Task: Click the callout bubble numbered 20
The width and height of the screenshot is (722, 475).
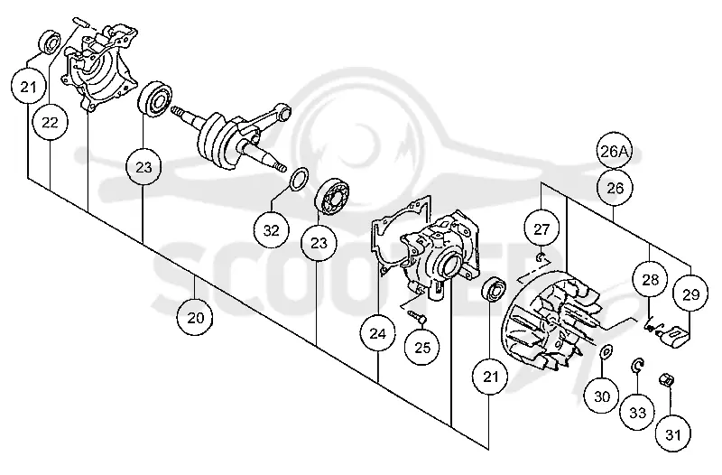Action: (x=195, y=318)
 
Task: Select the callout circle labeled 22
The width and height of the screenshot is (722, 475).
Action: (x=51, y=122)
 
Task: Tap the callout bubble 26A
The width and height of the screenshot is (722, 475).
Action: (x=615, y=151)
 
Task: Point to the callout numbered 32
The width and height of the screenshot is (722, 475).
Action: (x=272, y=229)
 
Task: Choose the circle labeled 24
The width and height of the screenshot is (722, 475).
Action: (x=377, y=333)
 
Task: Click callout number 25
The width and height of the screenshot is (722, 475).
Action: (x=421, y=347)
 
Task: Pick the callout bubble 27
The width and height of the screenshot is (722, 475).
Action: (x=541, y=228)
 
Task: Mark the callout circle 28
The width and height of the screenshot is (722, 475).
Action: (x=650, y=279)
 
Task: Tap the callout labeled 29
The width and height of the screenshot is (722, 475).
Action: (x=690, y=293)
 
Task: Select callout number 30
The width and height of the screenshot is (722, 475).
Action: (x=602, y=396)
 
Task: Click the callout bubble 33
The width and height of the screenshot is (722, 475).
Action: (x=638, y=413)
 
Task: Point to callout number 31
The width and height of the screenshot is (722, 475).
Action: (x=672, y=434)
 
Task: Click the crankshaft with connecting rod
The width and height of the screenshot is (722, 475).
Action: (x=230, y=136)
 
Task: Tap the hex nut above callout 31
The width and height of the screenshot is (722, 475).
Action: (x=667, y=379)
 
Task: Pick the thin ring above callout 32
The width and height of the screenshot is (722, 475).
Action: (x=299, y=179)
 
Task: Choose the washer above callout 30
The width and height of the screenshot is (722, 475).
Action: (x=606, y=351)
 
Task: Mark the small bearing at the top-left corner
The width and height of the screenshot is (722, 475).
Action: (x=50, y=42)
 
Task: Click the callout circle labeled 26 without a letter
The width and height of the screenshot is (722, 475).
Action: (x=615, y=188)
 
